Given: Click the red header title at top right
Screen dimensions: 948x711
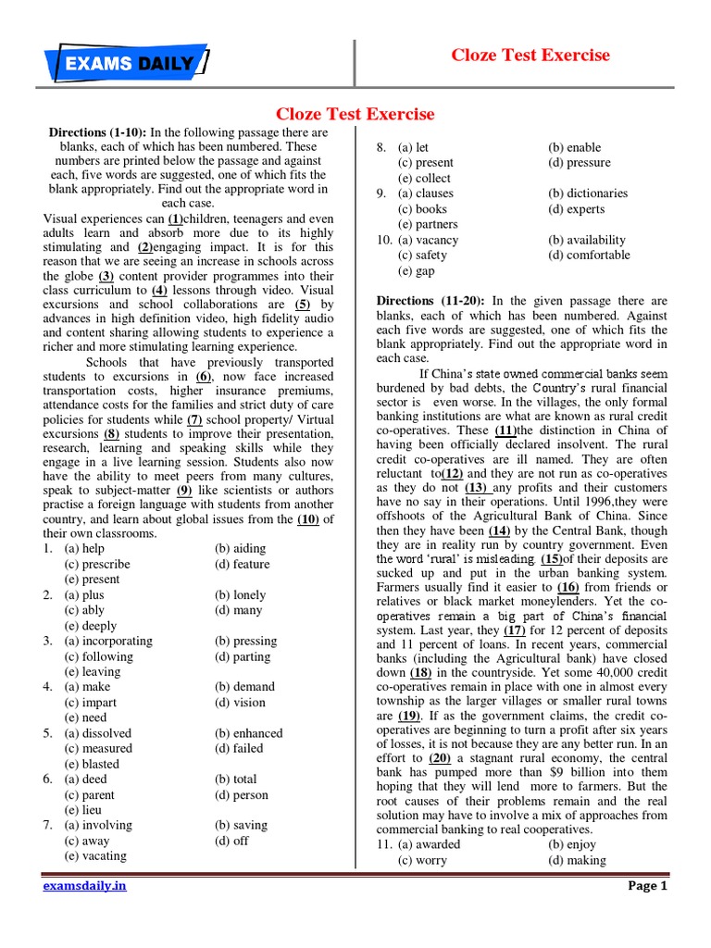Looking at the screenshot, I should point(530,55).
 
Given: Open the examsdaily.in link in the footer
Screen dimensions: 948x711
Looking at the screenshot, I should point(85,886).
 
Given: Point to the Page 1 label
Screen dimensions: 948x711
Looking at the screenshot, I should point(647,886).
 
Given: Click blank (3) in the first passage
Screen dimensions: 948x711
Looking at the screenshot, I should point(106,276).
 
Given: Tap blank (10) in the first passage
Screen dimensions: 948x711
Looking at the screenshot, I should point(307,518).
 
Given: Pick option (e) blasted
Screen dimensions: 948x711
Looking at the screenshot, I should point(92,764).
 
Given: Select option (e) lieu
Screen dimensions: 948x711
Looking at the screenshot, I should point(85,810).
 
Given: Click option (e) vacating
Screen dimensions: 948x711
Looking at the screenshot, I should point(95,856).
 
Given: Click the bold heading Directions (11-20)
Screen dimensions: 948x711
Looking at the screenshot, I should point(431,301).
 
